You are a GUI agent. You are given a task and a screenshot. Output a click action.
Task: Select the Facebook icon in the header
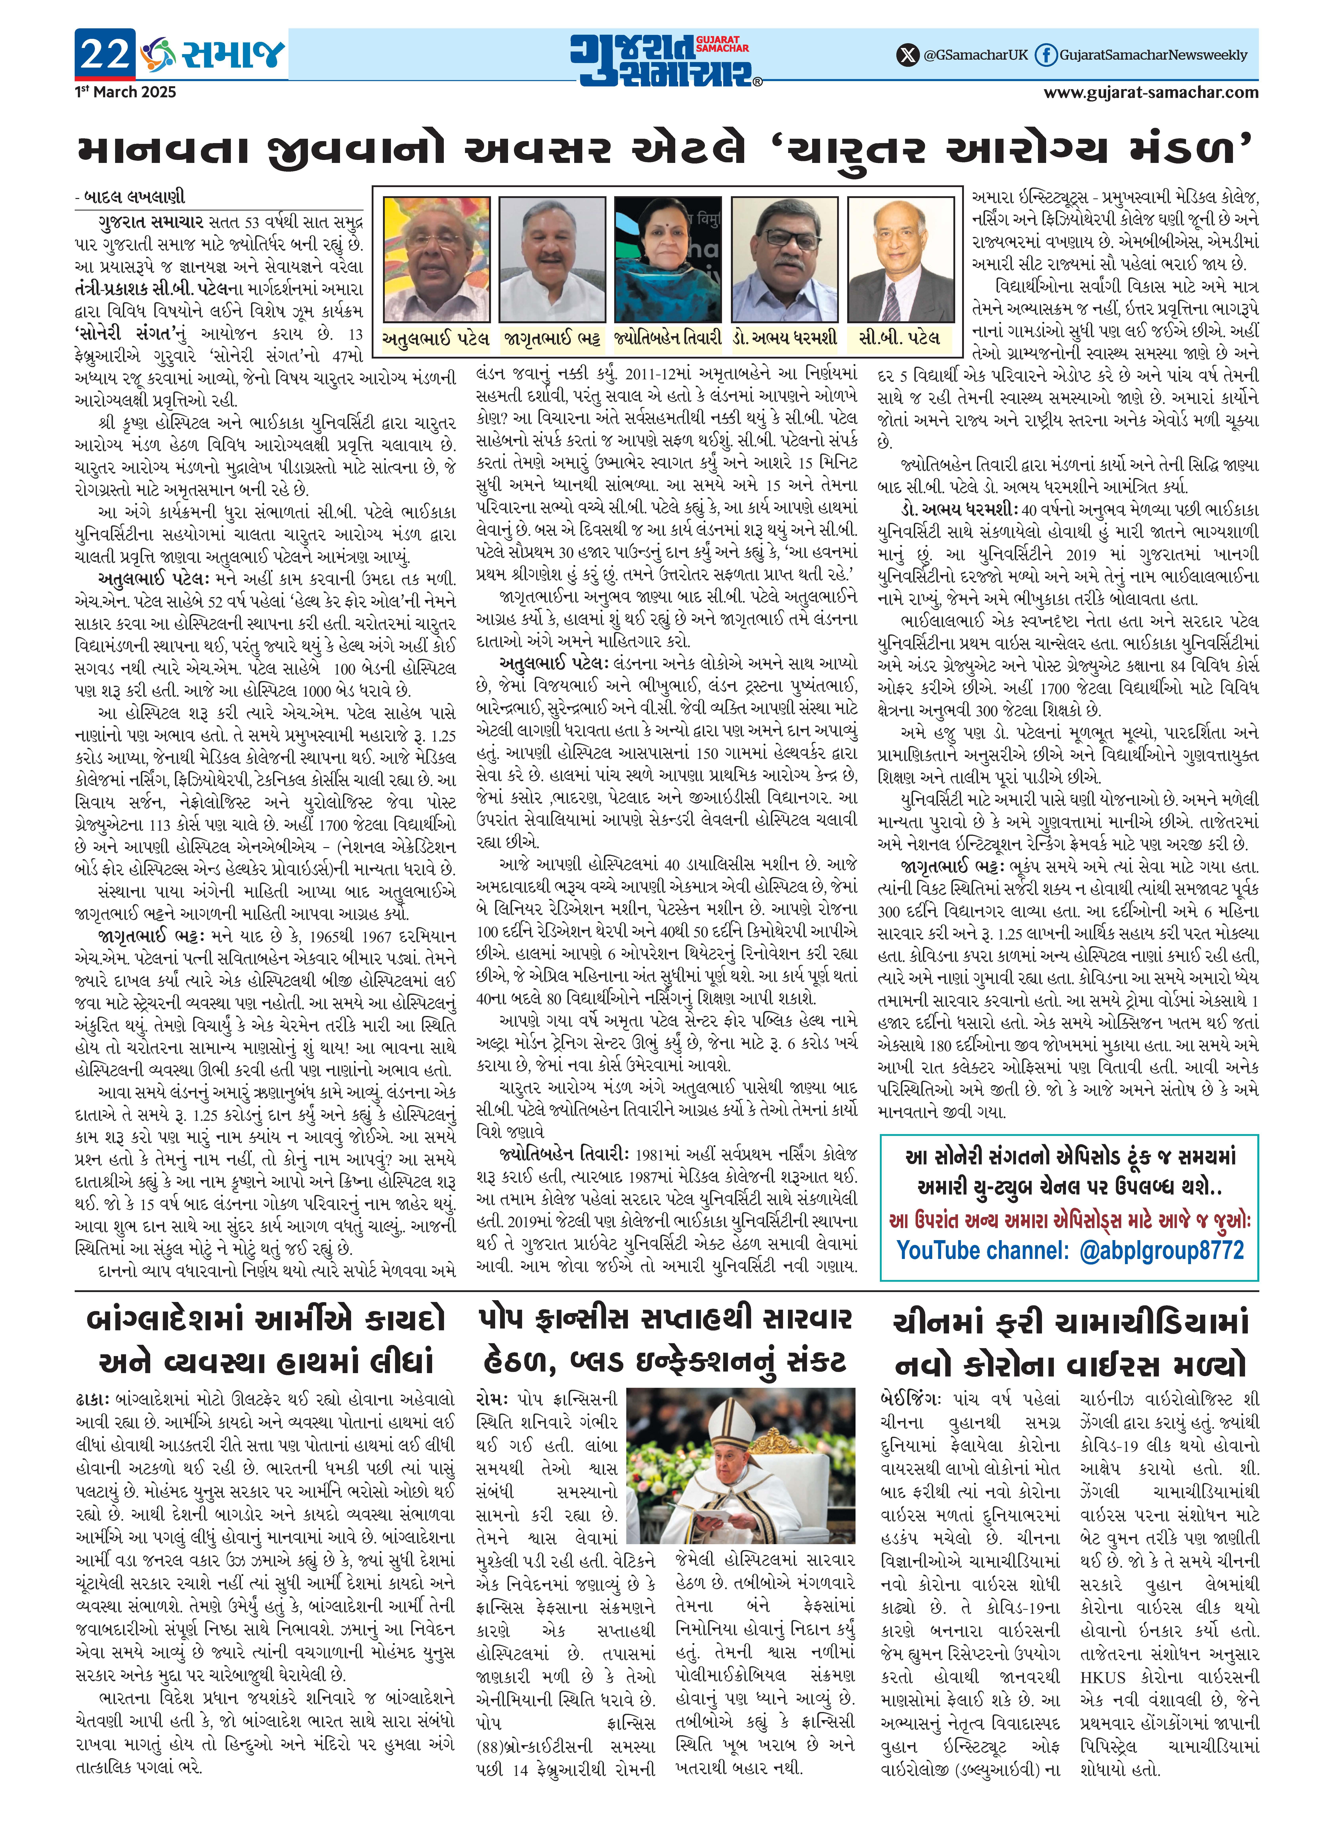(x=1046, y=55)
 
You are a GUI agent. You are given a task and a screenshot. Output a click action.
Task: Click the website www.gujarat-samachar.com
(x=1151, y=92)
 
